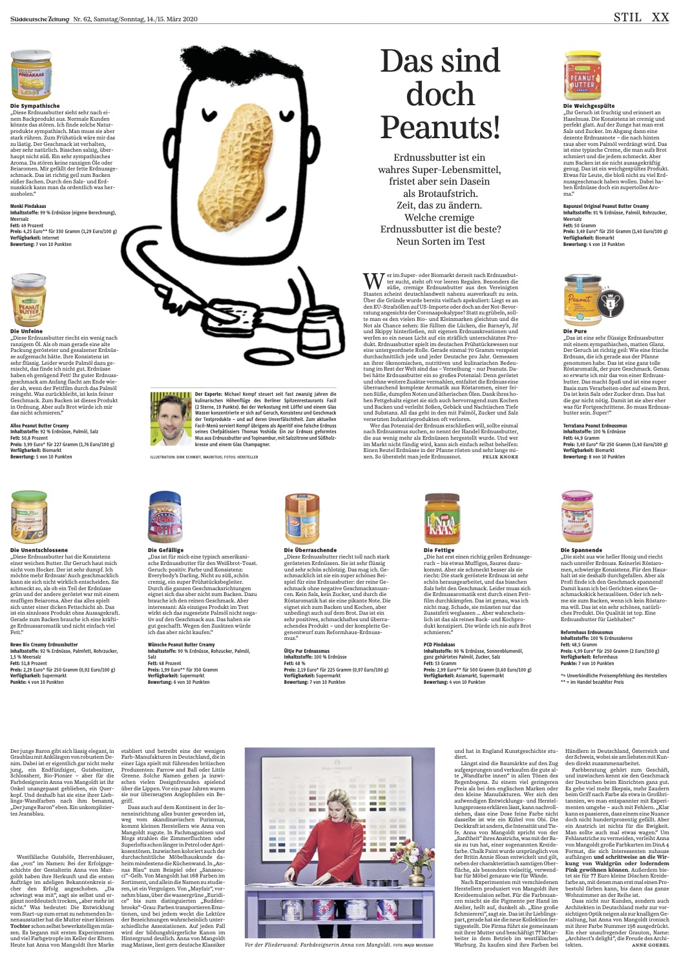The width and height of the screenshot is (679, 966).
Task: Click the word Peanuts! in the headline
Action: click(440, 127)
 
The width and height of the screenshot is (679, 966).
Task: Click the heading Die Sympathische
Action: click(35, 106)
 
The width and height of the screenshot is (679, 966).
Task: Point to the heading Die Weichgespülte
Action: click(589, 106)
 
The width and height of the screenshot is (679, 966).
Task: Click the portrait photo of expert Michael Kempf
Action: click(171, 420)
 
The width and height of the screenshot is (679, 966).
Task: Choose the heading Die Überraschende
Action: click(310, 550)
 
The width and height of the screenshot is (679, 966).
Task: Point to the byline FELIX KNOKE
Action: click(500, 457)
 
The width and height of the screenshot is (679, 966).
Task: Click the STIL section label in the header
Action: click(627, 17)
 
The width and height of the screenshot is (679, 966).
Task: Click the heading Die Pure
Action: click(575, 331)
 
